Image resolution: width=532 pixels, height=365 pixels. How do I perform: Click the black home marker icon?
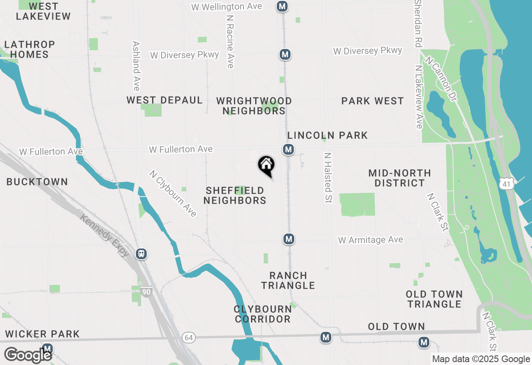tap(266, 165)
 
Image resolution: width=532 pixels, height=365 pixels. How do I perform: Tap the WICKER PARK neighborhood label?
tap(42, 334)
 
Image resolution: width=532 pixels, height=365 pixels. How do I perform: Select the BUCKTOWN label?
tap(37, 182)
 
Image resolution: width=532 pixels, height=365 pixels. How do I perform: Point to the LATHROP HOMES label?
tap(30, 49)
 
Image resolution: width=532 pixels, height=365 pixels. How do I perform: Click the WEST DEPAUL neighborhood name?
tap(165, 100)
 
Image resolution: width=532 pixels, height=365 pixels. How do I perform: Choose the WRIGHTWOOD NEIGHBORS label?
tap(254, 106)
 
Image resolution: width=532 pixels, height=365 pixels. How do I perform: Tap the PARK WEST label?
tap(372, 101)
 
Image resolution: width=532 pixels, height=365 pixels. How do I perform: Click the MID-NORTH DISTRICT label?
tap(399, 178)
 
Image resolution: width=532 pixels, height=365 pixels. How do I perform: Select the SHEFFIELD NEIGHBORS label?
tap(235, 195)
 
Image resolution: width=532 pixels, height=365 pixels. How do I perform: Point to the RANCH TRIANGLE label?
tap(288, 280)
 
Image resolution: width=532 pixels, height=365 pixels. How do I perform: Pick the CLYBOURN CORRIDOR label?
tap(262, 314)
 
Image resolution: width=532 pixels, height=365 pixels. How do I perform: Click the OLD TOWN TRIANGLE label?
tap(434, 299)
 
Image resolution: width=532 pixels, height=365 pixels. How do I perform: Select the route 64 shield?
tap(189, 338)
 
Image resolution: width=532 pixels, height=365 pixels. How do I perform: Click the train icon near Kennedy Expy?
tap(141, 253)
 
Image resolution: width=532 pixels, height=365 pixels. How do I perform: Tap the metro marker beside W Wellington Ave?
tap(283, 6)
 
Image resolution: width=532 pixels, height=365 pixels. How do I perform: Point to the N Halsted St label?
tap(328, 178)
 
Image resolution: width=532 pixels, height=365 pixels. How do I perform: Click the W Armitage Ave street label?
tap(370, 240)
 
